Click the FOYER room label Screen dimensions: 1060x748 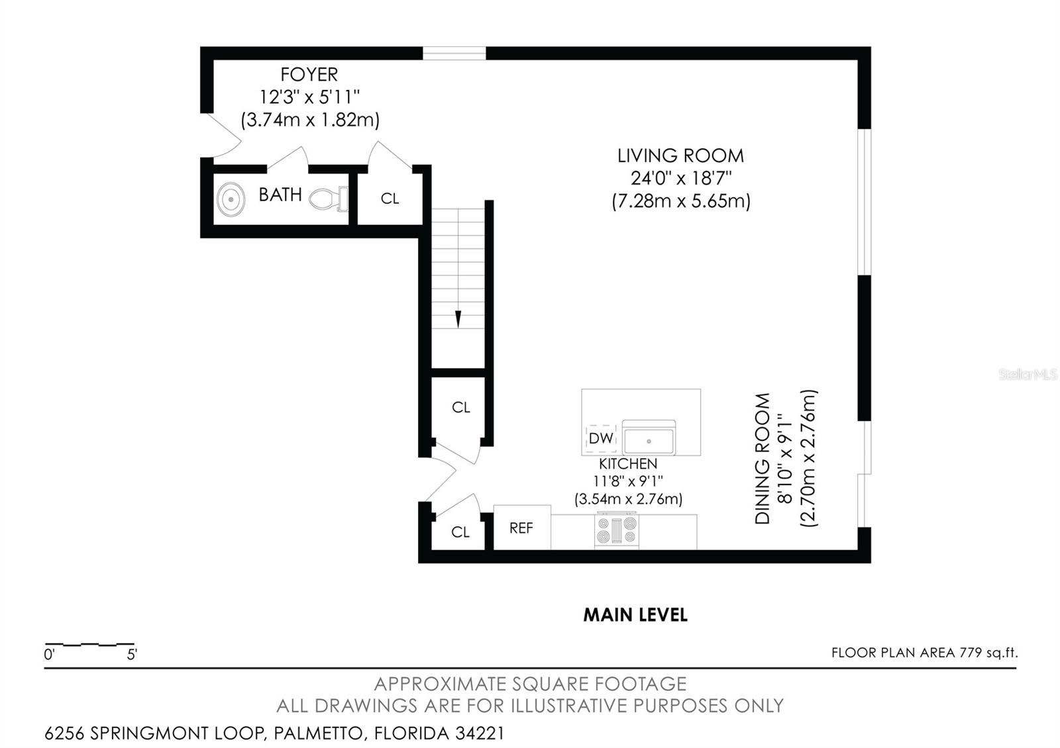coord(309,75)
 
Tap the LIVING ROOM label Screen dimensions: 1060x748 coord(680,156)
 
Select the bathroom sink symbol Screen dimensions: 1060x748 coord(231,199)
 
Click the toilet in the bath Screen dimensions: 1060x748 coord(329,199)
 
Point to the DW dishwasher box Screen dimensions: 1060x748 coord(601,438)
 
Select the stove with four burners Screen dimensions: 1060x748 coord(617,530)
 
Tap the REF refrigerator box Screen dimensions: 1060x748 coord(522,528)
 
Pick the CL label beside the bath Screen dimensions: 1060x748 coord(390,199)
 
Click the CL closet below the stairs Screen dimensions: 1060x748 coord(461,407)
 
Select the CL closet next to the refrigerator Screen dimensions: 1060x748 coord(460,532)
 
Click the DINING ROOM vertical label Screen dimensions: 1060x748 coord(763,458)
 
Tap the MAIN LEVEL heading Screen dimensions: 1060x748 coord(635,615)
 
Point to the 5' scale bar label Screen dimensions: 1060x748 coord(132,655)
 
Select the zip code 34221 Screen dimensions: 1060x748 coord(480,733)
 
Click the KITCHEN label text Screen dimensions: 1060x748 coord(628,464)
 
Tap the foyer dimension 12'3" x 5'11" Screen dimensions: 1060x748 coord(309,97)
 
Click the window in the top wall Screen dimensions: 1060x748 coord(454,54)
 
